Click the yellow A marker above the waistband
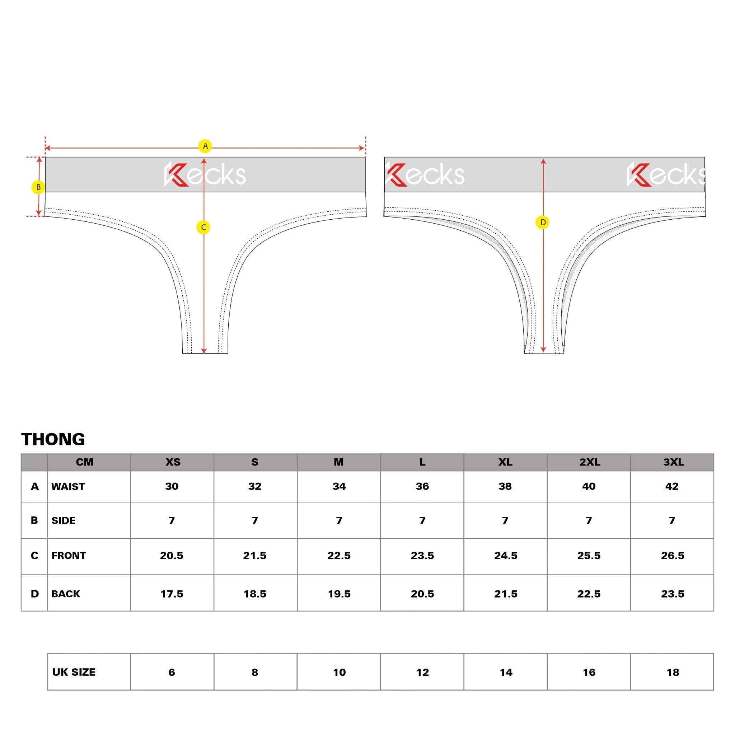click(205, 146)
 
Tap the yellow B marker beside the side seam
click(38, 187)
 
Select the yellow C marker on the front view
click(203, 228)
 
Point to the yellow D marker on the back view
click(543, 222)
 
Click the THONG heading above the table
click(53, 439)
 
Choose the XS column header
click(173, 462)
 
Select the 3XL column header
click(673, 462)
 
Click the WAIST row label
click(68, 487)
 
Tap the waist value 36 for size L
click(422, 486)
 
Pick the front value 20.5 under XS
click(172, 556)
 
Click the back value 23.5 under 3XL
click(673, 594)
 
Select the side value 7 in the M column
click(339, 520)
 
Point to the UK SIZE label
click(74, 672)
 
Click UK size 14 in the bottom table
click(506, 673)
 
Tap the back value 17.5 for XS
click(172, 594)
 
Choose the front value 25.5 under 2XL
click(589, 556)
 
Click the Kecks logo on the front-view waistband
click(205, 175)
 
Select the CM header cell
click(84, 462)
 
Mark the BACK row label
click(66, 594)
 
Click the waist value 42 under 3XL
click(672, 486)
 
